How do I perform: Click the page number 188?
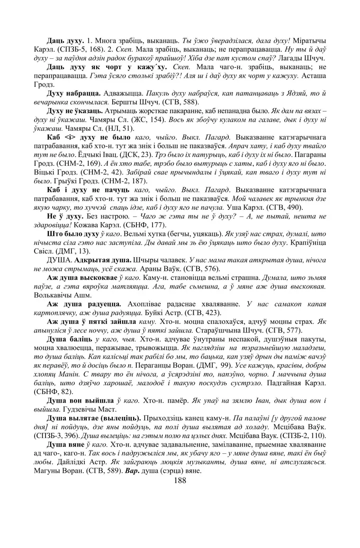point(180,480)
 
